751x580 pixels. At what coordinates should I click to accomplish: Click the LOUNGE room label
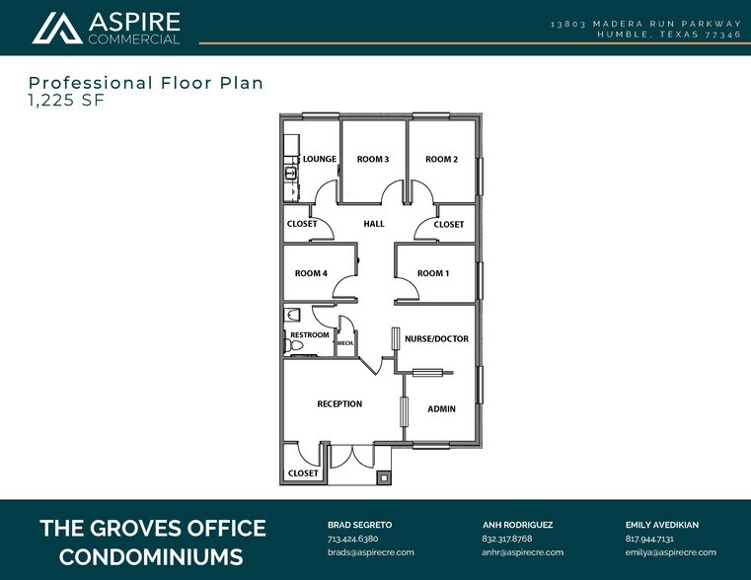coord(320,159)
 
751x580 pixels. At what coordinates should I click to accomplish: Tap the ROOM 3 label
coord(373,159)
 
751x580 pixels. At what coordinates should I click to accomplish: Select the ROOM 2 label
coord(441,159)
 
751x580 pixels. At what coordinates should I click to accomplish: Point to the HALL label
coord(374,224)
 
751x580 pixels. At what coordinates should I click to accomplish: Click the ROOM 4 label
coord(311,273)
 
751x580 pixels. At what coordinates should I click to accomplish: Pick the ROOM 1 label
coord(433,273)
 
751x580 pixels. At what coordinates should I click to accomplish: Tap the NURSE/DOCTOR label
coord(436,338)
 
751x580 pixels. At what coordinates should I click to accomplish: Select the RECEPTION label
coord(339,403)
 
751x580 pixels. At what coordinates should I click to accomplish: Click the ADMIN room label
coord(441,408)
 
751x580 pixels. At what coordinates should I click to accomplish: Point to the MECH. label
coord(345,343)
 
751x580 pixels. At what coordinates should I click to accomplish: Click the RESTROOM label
coord(310,335)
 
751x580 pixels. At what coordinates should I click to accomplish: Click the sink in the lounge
coord(291,174)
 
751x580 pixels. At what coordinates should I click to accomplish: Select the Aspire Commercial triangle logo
coord(57,29)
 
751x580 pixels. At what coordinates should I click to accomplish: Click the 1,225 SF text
coord(65,100)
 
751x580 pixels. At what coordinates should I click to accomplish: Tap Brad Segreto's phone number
coord(352,540)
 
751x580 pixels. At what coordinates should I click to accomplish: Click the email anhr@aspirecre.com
coord(522,552)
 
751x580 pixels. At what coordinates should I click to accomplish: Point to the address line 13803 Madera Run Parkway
coord(645,23)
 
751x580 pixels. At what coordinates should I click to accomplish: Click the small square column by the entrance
coord(383,477)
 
